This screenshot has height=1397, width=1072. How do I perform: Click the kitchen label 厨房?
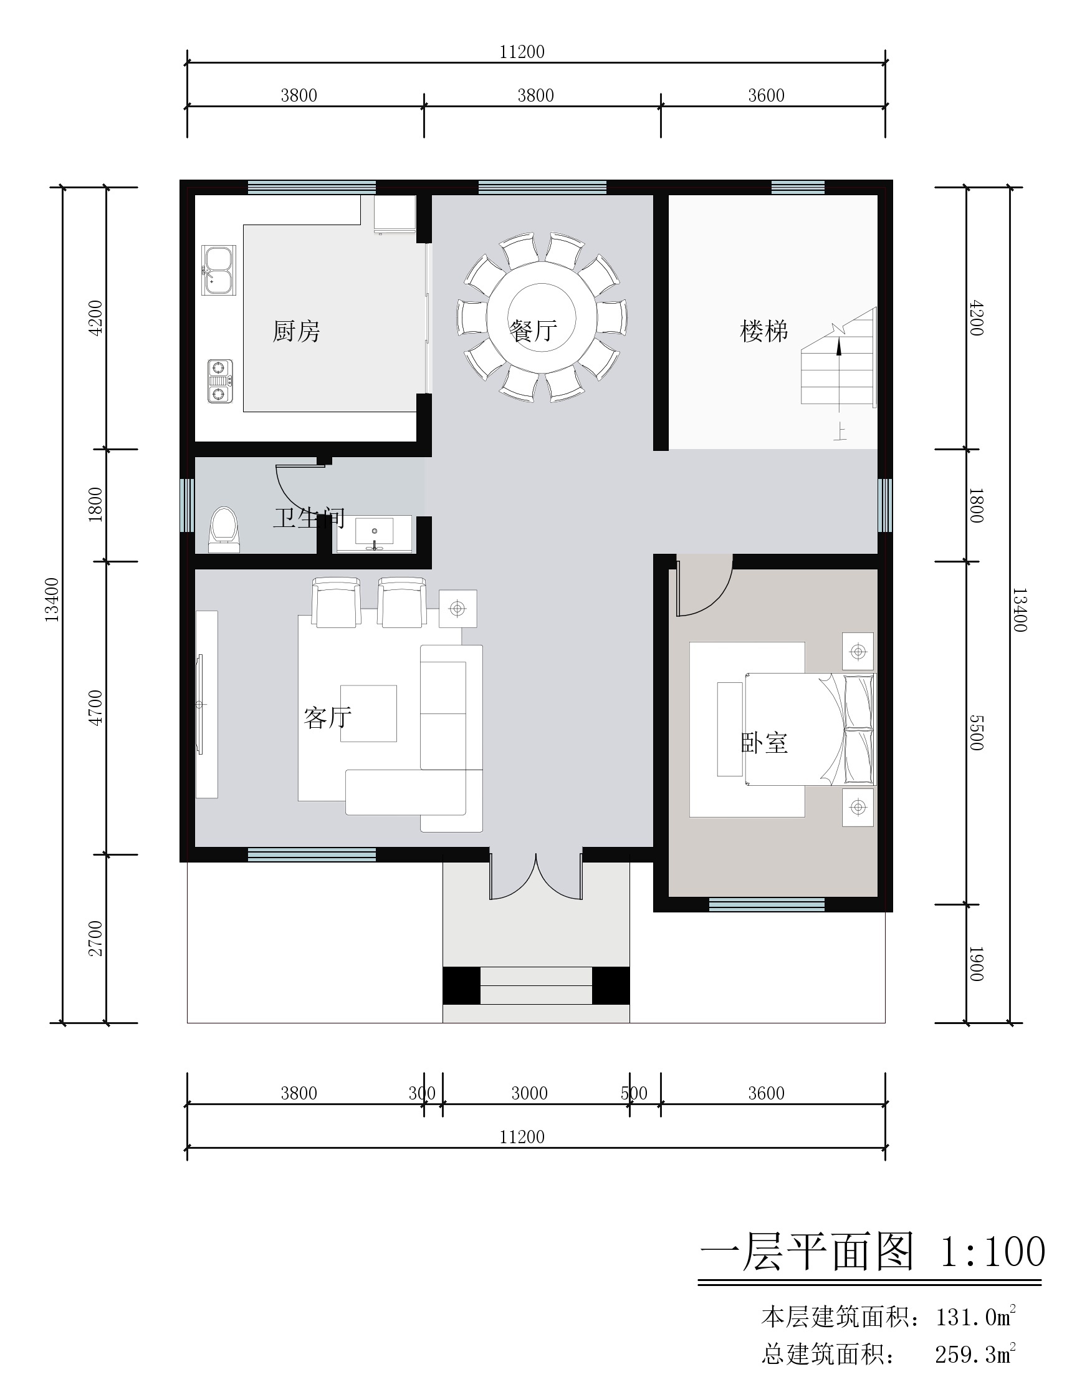pos(296,331)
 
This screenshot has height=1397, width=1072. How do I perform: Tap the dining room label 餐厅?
pos(534,331)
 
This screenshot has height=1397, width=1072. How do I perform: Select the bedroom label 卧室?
pos(765,743)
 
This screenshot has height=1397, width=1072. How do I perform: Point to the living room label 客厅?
pos(327,718)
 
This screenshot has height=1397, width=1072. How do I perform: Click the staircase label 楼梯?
pos(764,331)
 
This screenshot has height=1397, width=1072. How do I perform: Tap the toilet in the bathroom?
pos(224,530)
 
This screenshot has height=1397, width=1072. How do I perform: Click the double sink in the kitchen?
pos(218,269)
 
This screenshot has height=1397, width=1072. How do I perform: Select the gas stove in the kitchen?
pos(219,381)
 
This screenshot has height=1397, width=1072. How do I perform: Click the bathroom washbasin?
pos(374,533)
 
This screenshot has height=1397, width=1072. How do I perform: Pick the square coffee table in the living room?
pos(368,713)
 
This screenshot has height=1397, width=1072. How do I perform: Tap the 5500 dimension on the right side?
pos(977,732)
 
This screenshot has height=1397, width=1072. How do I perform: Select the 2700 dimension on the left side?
pos(96,938)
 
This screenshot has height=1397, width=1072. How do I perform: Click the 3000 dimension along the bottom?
pos(530,1093)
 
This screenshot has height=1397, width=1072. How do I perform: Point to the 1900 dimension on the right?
pos(977,964)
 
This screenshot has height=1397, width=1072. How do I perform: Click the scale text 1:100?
pos(993,1252)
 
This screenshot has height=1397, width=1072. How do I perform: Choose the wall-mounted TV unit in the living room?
pos(206,704)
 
